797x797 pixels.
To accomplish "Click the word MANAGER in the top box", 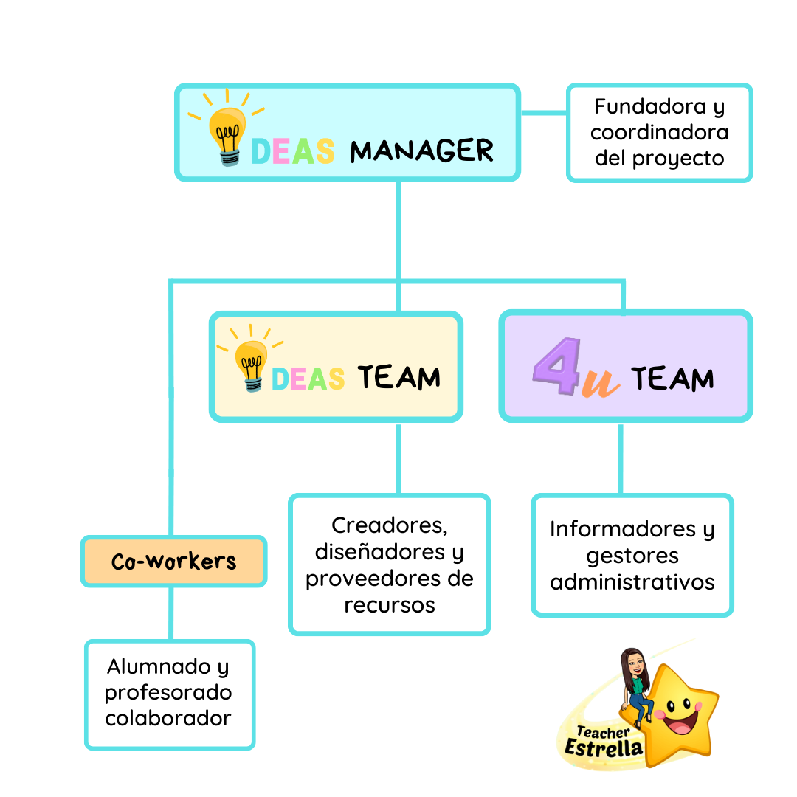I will pyautogui.click(x=421, y=151).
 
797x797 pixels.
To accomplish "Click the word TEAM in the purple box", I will pyautogui.click(x=672, y=379).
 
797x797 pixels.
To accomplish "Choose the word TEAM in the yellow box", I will pyautogui.click(x=399, y=378).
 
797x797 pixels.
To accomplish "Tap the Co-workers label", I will pyautogui.click(x=173, y=562).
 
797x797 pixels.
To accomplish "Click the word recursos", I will pyautogui.click(x=390, y=605).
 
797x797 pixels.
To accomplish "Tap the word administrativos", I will pyautogui.click(x=632, y=582).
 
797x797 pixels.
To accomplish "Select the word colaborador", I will pyautogui.click(x=168, y=718).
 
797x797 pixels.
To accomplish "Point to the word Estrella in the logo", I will pyautogui.click(x=604, y=748).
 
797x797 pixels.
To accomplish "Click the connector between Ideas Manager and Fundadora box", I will pyautogui.click(x=543, y=113).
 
